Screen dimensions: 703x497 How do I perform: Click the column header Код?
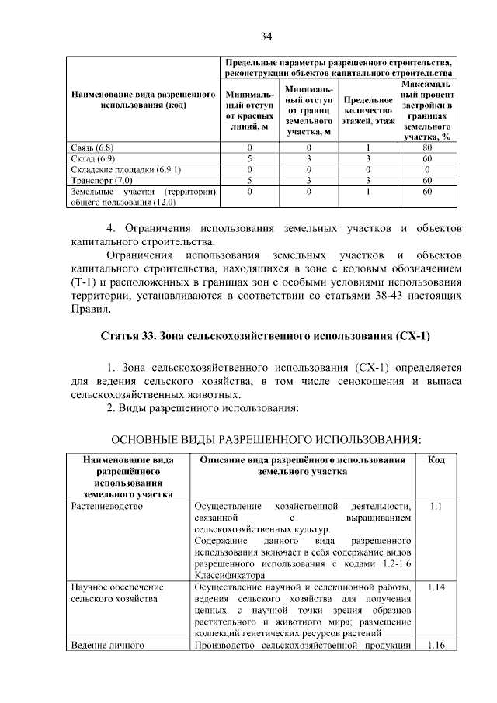click(436, 460)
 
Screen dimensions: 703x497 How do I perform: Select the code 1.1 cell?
click(436, 506)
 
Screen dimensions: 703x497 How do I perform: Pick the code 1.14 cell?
click(436, 587)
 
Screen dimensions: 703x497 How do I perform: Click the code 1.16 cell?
click(436, 645)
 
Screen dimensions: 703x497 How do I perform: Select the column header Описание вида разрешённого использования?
click(303, 466)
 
